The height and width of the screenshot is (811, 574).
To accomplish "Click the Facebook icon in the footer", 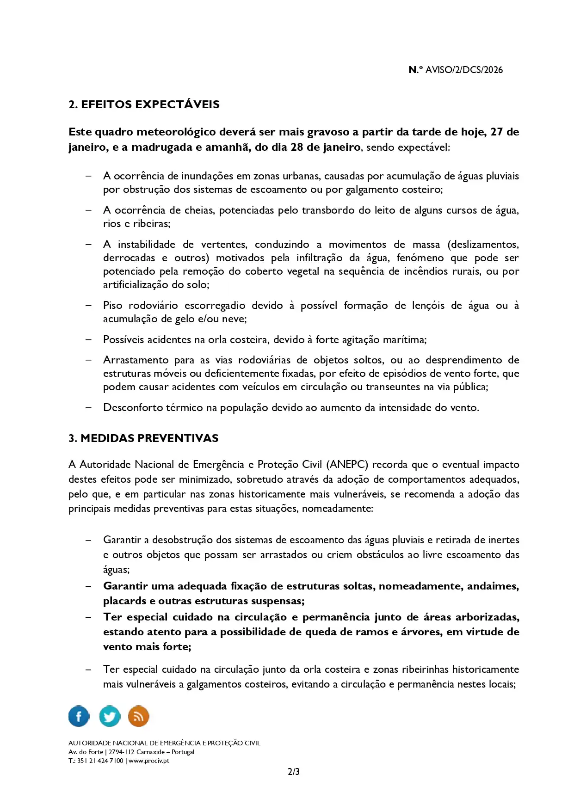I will click(x=79, y=716).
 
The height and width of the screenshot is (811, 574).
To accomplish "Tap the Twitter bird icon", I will click(x=110, y=716).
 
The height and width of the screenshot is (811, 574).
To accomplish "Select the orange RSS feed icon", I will click(x=138, y=716).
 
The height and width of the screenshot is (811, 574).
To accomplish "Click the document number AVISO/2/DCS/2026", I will click(x=464, y=70).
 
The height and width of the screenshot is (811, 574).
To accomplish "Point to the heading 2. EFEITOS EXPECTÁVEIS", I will click(x=144, y=104).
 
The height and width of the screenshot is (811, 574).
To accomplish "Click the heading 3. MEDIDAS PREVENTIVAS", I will click(x=143, y=438).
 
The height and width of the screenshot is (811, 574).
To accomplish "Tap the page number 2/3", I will click(x=294, y=772).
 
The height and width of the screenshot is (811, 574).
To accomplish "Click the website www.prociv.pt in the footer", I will click(x=149, y=761).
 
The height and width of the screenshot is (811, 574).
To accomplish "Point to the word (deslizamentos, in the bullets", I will click(x=483, y=244).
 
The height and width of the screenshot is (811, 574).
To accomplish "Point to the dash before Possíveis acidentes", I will click(x=88, y=340).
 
